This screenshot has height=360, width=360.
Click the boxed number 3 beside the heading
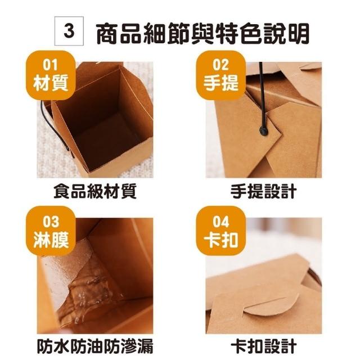[69, 31]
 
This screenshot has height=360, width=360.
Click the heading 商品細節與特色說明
[202, 33]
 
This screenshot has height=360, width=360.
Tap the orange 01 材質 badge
[51, 75]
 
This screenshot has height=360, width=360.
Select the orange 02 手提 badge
[221, 75]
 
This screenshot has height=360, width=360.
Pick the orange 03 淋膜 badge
[51, 231]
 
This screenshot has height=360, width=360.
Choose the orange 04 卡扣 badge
[221, 231]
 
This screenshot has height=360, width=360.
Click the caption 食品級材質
[95, 191]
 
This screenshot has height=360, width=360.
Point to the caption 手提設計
[264, 191]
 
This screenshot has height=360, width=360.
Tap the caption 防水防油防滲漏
[95, 346]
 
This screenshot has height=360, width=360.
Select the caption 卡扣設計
[264, 346]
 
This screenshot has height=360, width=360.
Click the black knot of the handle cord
[264, 131]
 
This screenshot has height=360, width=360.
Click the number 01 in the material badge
[51, 65]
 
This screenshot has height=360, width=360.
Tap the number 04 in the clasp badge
[221, 222]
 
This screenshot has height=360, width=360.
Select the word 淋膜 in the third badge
[51, 240]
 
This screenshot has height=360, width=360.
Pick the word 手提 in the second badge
[221, 83]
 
